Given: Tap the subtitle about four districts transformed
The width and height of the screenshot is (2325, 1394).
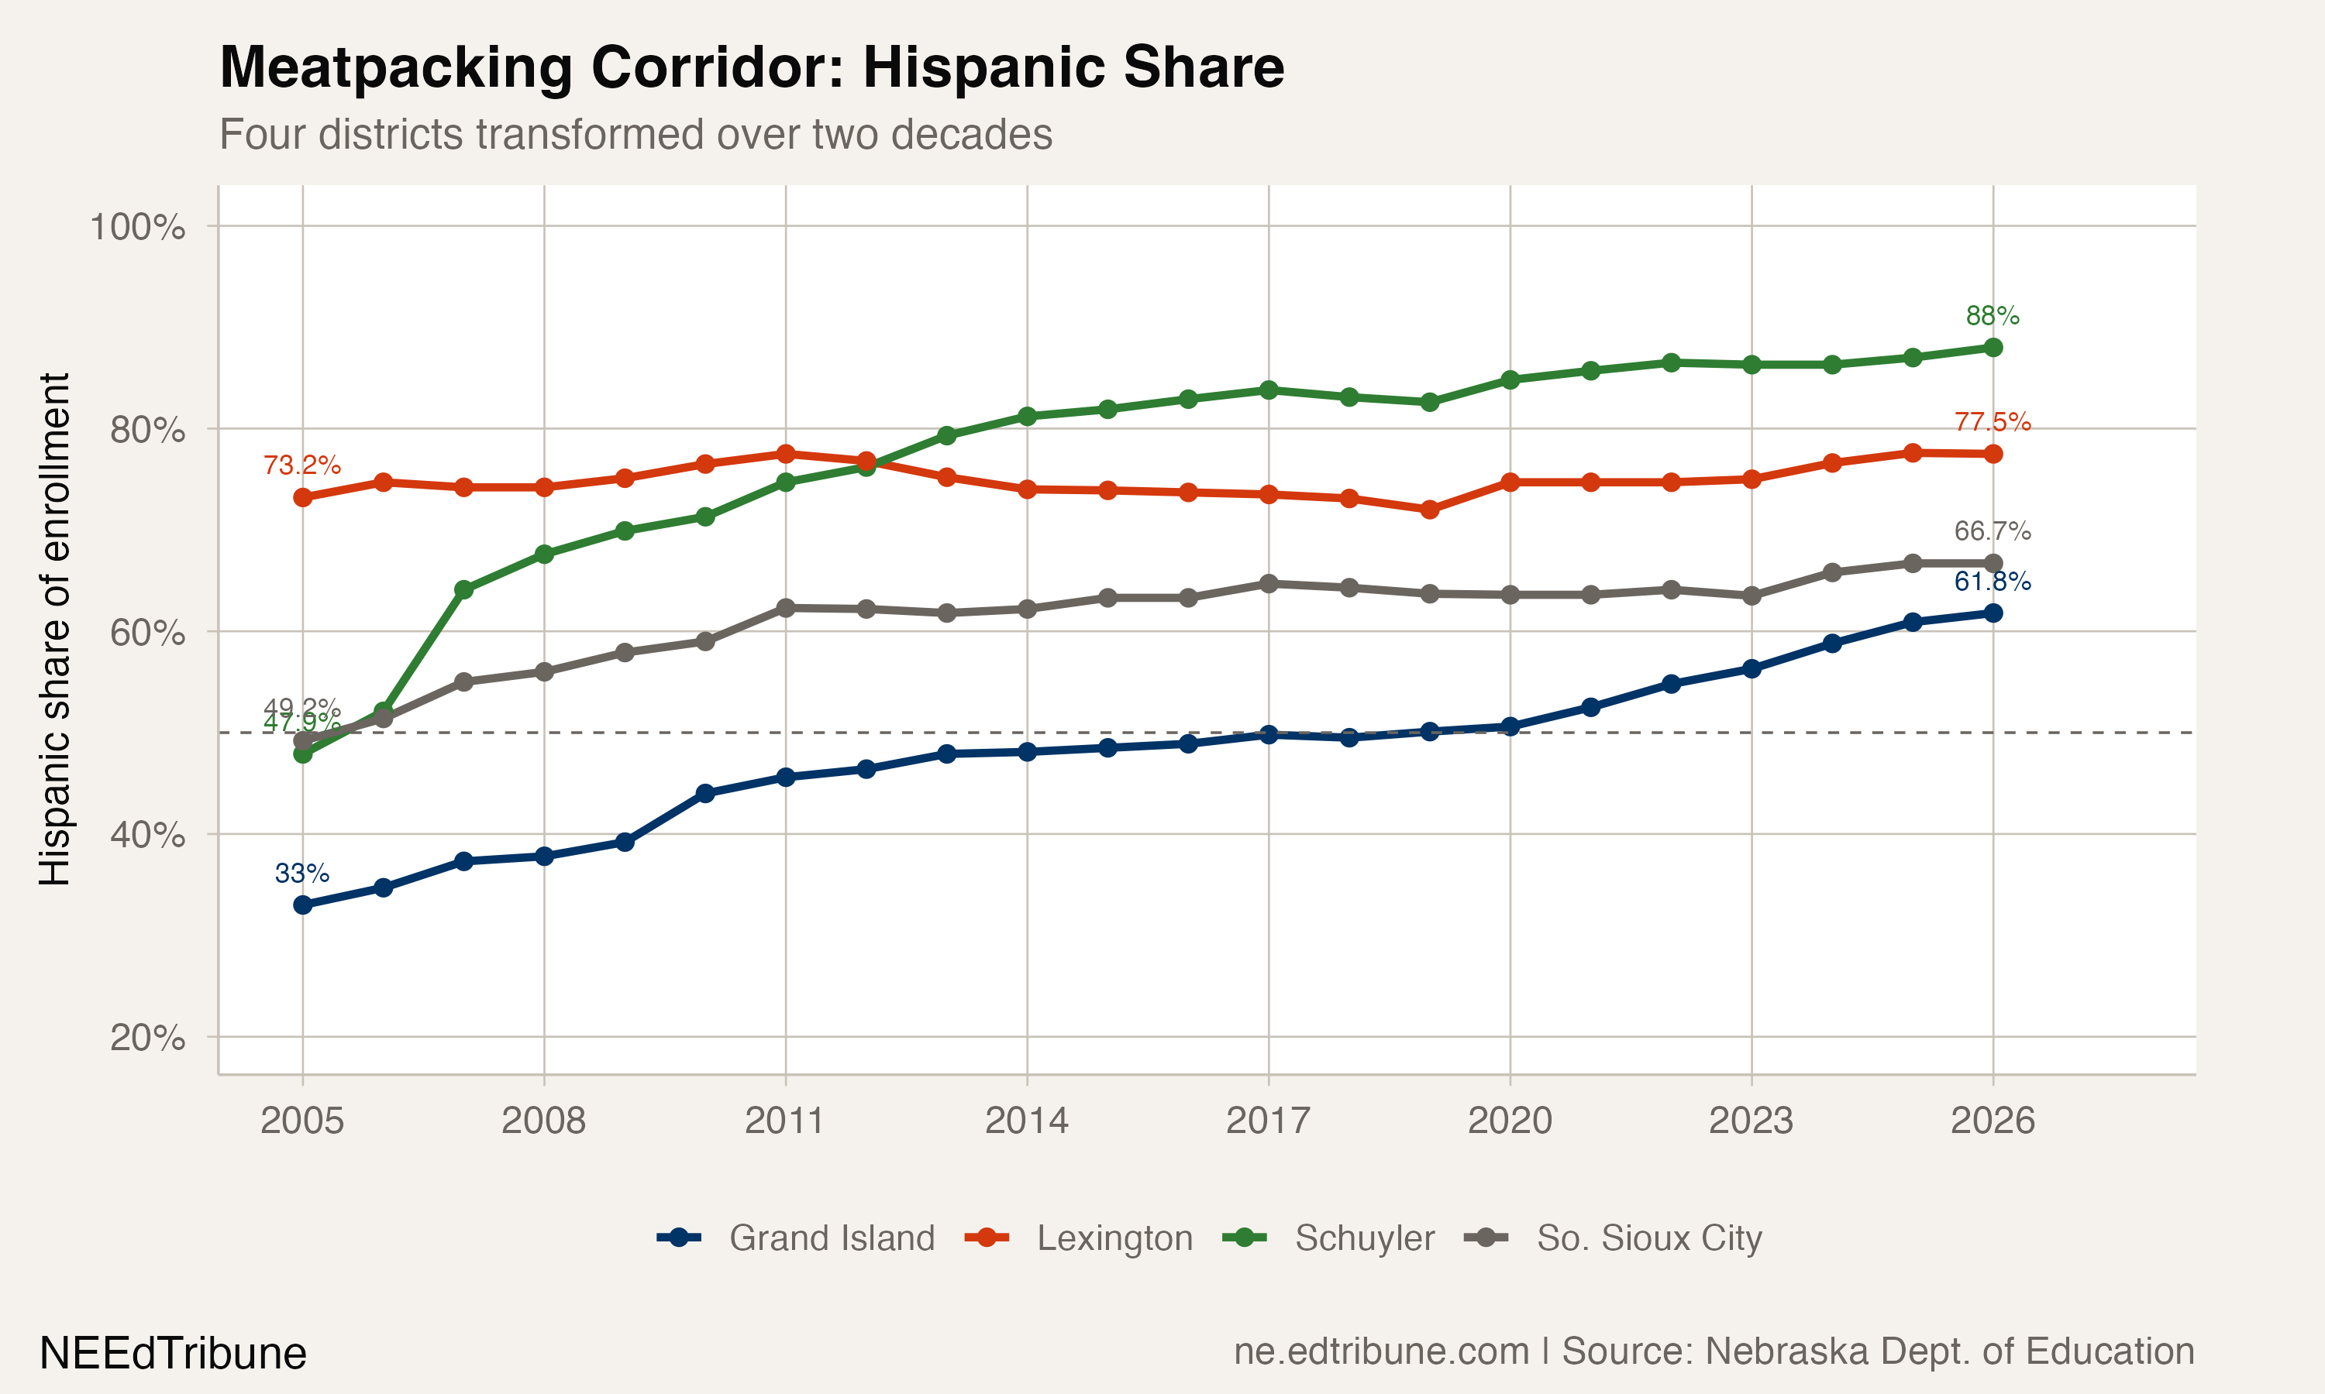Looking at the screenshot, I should coord(635,134).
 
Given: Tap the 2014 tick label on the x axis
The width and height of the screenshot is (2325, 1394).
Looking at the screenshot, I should coord(1026,1121).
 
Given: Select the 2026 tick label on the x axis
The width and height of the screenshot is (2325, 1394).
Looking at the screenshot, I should coord(1993,1121).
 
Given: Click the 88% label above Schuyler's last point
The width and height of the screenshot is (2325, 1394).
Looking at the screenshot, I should coord(1993,316).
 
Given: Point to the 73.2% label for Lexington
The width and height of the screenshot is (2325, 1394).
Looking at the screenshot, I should coord(301,465).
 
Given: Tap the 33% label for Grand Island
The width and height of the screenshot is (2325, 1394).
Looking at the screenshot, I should coord(301,874).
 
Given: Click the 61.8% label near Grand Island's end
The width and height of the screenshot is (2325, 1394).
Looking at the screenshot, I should coord(1993,582).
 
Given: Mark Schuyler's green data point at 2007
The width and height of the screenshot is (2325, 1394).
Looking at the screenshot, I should coord(463,590).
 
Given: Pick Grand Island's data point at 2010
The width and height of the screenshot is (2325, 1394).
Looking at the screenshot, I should coord(704,794).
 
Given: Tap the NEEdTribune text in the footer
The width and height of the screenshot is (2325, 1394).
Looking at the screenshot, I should coord(173,1354).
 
